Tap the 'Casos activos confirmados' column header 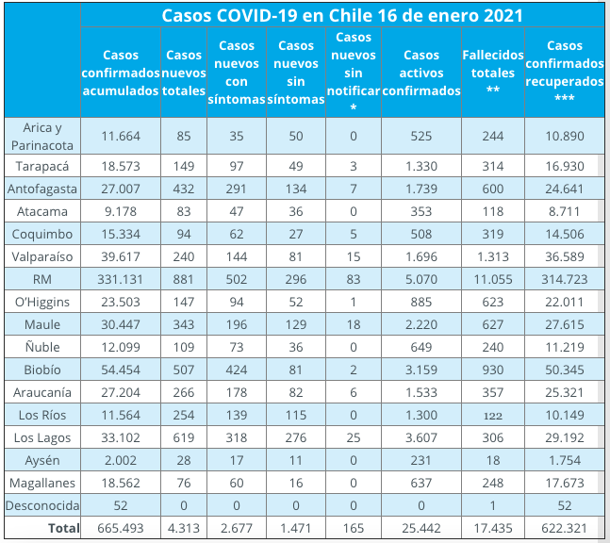(421, 73)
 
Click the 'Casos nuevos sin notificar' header (354, 73)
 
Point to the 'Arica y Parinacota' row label (42, 136)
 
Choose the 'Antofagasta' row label (42, 189)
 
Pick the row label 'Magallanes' (42, 483)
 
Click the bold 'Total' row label (64, 528)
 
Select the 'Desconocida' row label (42, 505)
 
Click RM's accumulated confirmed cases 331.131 (121, 279)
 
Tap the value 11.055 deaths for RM (493, 279)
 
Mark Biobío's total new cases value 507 (184, 370)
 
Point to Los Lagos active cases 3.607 (421, 437)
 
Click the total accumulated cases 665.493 (121, 528)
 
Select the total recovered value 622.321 (565, 528)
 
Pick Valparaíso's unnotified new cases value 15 (354, 256)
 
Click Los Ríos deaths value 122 (493, 416)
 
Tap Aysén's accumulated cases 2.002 (121, 461)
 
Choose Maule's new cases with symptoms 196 (237, 325)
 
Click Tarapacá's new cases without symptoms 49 (296, 167)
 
